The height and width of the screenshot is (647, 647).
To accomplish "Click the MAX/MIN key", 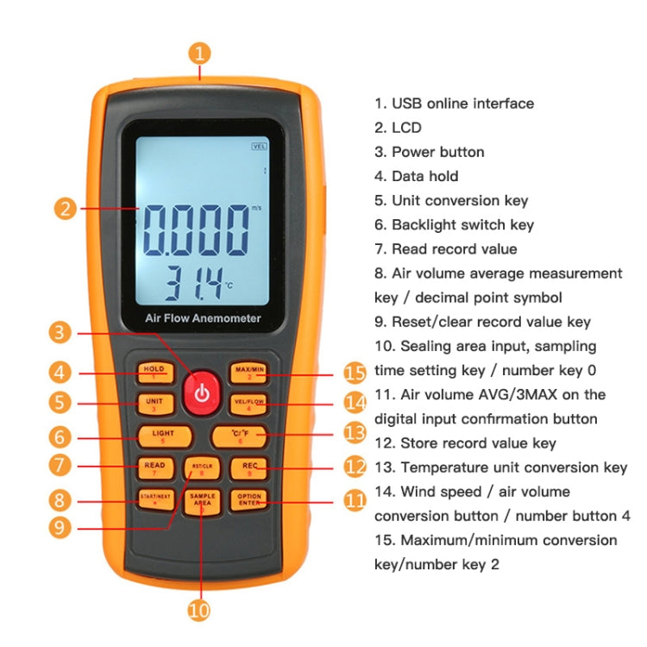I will [248, 372].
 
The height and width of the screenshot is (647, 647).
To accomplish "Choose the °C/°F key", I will [242, 435].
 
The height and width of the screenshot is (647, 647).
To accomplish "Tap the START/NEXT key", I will [156, 499].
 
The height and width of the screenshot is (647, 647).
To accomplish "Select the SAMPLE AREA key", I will [203, 499].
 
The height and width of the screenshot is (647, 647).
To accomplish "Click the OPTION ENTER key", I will [249, 499].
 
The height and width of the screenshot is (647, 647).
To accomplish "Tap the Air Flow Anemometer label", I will [203, 318].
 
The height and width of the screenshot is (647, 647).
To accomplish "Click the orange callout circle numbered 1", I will [200, 53].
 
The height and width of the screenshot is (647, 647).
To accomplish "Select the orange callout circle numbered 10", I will [199, 610].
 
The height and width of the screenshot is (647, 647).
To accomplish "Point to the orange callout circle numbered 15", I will [355, 372].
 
